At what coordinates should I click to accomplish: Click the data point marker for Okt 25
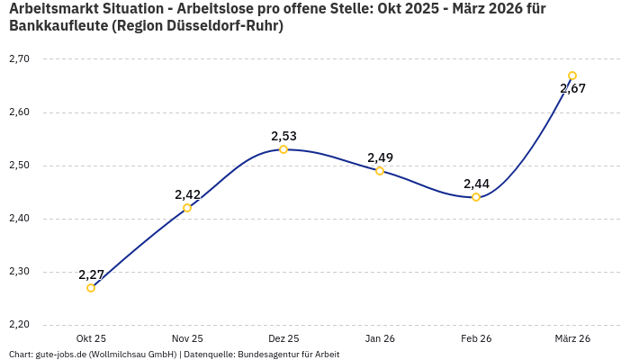[91, 288]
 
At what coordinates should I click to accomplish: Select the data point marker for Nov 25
[187, 208]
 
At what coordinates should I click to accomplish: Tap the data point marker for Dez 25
[283, 149]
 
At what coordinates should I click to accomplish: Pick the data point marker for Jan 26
[380, 171]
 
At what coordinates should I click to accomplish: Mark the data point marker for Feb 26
[476, 197]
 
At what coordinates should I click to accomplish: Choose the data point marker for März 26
[572, 76]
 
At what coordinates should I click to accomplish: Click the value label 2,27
[92, 274]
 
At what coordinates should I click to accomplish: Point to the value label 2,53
[283, 136]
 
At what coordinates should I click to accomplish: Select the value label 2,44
[476, 184]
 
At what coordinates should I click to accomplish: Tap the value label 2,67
[572, 88]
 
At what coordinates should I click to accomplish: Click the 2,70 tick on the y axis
[19, 58]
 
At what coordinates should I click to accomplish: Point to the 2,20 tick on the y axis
[19, 324]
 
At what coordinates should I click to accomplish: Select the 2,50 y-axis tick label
[19, 165]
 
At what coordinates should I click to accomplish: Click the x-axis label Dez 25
[283, 338]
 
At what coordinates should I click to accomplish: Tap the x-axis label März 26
[572, 338]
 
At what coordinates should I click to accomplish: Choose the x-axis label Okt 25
[91, 338]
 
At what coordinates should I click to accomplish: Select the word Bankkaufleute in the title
[58, 26]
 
